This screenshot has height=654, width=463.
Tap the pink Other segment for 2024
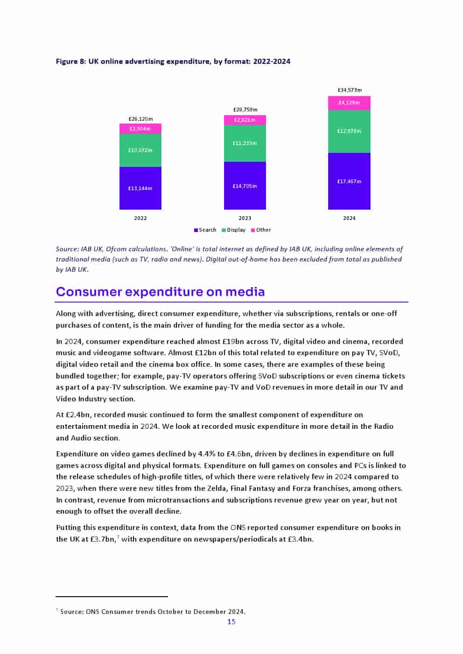(x=349, y=103)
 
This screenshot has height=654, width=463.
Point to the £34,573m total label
(x=349, y=90)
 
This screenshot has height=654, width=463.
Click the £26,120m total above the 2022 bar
(x=140, y=119)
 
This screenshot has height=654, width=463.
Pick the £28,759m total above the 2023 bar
(x=245, y=110)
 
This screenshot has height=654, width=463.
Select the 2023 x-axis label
(x=245, y=218)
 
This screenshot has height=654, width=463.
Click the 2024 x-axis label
(x=349, y=218)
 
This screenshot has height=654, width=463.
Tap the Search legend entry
(x=205, y=230)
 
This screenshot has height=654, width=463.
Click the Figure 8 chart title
(x=173, y=61)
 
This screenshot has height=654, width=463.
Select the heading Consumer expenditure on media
(x=160, y=292)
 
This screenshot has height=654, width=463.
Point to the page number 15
(x=231, y=621)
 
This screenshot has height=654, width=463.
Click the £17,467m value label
(x=349, y=181)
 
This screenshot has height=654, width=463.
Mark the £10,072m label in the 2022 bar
(x=140, y=150)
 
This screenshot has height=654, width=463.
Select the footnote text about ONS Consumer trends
(x=152, y=612)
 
